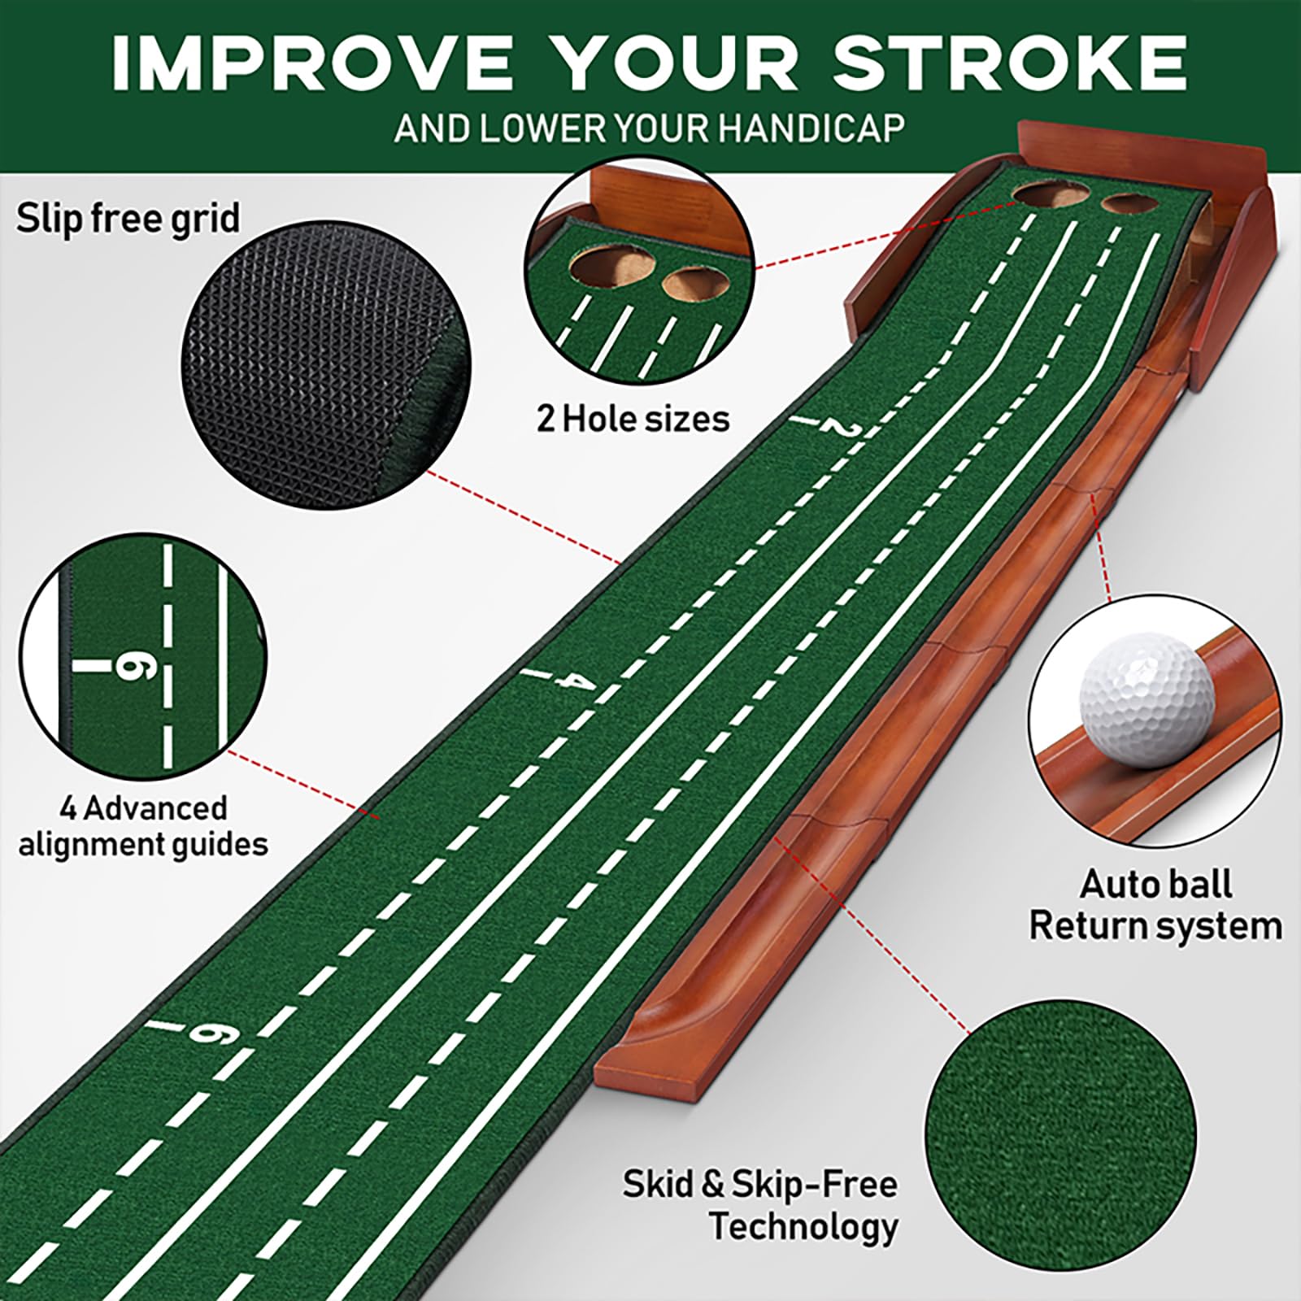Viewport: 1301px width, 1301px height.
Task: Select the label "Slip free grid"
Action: [x=128, y=220]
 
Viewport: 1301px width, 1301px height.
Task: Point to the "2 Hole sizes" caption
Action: [x=633, y=419]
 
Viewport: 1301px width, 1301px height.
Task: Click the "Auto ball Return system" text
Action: [x=1155, y=904]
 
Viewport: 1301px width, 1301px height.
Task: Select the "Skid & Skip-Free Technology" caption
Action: [x=759, y=1205]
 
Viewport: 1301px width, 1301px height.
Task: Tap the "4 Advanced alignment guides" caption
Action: [x=143, y=826]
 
